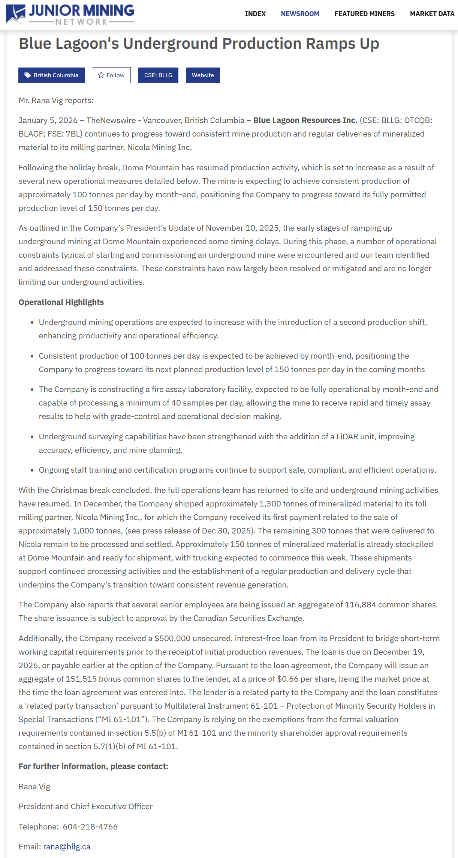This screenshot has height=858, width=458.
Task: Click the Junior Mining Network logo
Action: point(70,14)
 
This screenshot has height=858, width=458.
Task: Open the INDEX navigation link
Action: point(255,14)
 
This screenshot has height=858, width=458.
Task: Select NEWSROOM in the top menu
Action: point(300,14)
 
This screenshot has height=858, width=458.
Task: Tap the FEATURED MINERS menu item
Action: point(364,14)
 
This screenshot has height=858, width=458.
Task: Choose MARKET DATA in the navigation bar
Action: point(432,14)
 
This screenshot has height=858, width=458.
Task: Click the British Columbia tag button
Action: point(51,75)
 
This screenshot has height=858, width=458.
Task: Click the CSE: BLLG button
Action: point(158,75)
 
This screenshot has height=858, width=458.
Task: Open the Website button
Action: point(203,75)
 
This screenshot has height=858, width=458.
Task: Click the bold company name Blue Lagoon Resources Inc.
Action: point(305,120)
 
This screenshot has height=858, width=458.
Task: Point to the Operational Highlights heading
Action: point(61,302)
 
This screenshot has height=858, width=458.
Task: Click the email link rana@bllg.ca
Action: point(67,847)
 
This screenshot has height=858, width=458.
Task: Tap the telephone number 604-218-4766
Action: point(90,827)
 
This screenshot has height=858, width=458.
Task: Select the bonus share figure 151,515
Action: point(81,679)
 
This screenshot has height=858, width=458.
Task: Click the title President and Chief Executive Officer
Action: point(85,807)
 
